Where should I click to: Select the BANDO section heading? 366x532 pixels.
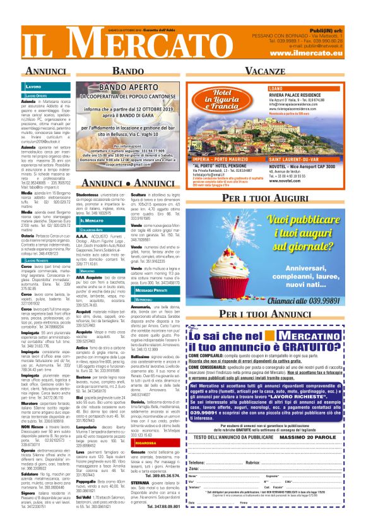tap(132, 71)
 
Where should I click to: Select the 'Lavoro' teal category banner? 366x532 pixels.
tap(33, 85)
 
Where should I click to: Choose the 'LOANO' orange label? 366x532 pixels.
tap(277, 88)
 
